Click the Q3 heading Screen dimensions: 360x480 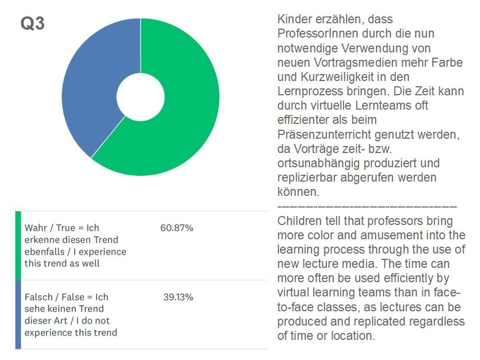tap(32, 24)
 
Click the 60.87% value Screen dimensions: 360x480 tap(176, 228)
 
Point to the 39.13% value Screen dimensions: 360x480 tap(178, 297)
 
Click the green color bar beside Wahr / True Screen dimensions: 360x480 tap(18, 245)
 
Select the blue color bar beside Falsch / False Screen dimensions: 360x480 tap(18, 314)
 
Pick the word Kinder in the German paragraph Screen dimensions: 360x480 tap(293, 20)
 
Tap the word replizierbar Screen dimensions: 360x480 tap(305, 177)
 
